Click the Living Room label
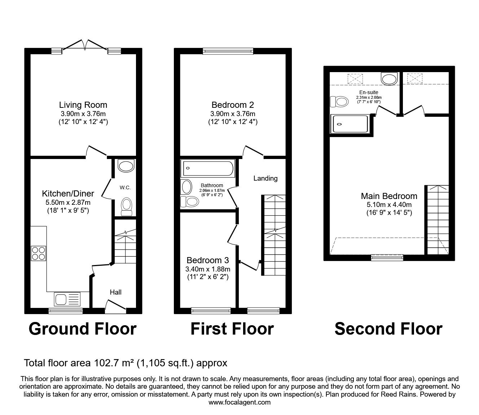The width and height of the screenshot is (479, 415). click(83, 105)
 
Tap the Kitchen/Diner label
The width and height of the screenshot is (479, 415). click(68, 194)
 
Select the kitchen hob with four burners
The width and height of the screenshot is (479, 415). click(39, 253)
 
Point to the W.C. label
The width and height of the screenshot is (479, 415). click(125, 188)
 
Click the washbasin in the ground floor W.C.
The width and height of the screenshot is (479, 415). click(126, 166)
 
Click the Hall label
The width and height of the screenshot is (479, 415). click(116, 292)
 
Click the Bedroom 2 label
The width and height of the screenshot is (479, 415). click(233, 105)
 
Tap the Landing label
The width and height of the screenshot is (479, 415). click(265, 178)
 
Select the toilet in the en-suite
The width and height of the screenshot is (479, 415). click(339, 102)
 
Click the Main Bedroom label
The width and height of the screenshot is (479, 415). click(389, 196)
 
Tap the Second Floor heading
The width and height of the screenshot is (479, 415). click(388, 329)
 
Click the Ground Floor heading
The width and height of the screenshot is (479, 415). click(83, 329)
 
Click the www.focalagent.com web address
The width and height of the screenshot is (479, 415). click(239, 402)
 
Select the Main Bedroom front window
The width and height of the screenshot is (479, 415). click(387, 257)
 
